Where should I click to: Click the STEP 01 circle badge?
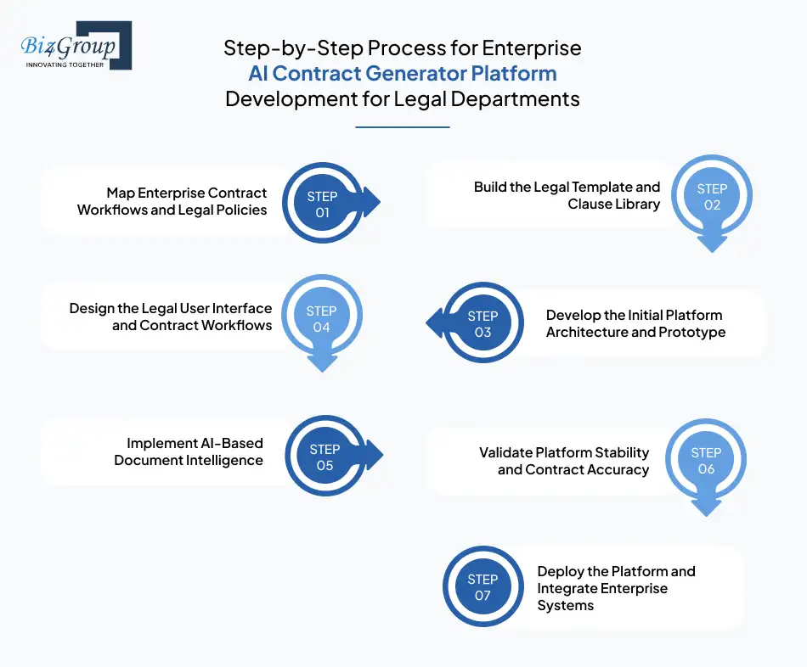322,205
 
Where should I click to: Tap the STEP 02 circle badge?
712,197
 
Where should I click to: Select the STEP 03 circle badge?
483,324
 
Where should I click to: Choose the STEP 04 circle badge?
321,319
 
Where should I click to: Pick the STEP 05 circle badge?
324,457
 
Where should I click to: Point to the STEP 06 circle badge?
706,461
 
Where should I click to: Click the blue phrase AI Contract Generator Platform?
402,73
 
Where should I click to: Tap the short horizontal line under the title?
402,127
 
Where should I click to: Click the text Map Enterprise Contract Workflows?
187,193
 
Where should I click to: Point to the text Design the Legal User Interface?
171,308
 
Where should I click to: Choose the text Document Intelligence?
189,460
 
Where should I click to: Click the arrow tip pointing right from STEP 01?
375,204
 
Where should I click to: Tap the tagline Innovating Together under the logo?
65,64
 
